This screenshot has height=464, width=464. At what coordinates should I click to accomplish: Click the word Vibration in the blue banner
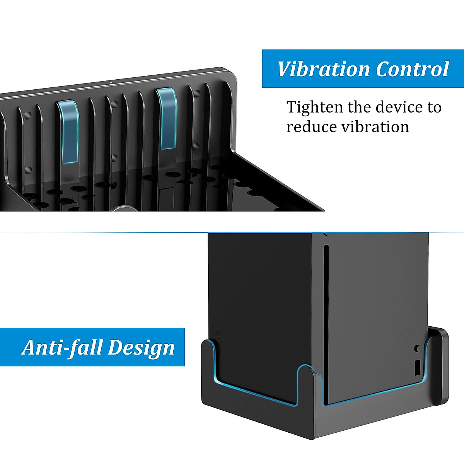[323, 69]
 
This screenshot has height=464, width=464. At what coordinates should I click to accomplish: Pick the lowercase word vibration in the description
[375, 126]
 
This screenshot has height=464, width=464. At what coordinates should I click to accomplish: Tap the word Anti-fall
[63, 347]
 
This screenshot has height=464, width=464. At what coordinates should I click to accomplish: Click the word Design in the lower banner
[142, 347]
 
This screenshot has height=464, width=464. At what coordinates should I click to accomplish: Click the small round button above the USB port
[417, 349]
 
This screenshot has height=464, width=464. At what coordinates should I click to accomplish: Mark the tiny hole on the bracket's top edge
[111, 82]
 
